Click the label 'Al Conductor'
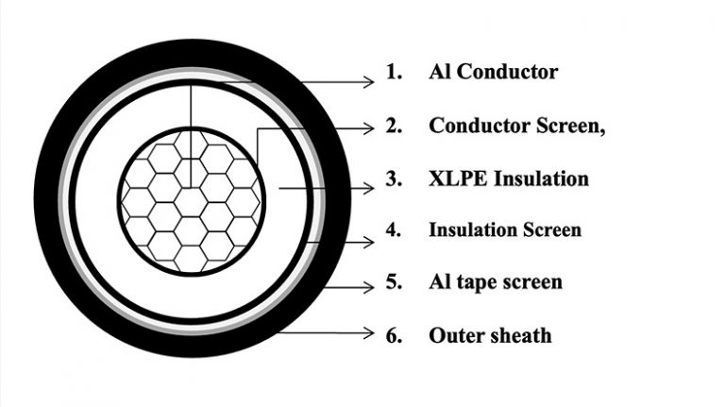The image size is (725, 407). [494, 72]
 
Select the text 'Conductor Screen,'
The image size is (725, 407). [517, 126]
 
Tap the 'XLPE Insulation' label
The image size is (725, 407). [509, 178]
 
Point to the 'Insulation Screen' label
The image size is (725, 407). [505, 229]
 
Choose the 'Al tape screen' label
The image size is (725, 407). [496, 281]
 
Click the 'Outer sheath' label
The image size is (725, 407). [490, 335]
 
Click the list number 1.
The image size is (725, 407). [394, 72]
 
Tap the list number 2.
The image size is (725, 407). [394, 126]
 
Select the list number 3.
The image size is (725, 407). [394, 178]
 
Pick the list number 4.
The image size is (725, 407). [394, 229]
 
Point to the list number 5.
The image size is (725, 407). [394, 281]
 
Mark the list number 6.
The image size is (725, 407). [394, 335]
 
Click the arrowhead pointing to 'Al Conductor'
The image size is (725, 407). [369, 82]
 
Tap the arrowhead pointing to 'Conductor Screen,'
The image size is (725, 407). [369, 128]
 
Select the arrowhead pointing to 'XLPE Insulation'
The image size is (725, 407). [369, 188]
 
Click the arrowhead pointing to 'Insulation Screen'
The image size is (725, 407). [369, 242]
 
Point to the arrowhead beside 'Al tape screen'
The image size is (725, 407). [369, 287]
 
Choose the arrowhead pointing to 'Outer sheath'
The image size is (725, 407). [369, 332]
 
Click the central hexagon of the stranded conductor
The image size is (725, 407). [191, 202]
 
